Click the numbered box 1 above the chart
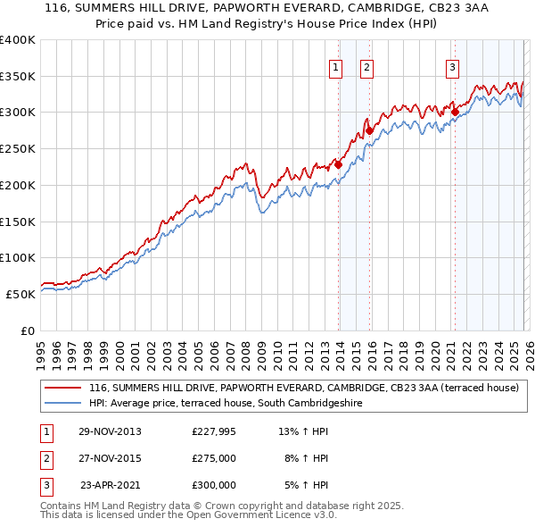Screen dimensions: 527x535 (x=335, y=66)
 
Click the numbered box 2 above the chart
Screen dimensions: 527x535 (x=366, y=66)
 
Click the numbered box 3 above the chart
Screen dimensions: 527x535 (x=452, y=66)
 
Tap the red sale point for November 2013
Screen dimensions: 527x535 (x=339, y=165)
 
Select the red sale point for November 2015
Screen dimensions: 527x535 (x=370, y=130)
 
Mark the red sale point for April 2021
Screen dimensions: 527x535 (x=455, y=113)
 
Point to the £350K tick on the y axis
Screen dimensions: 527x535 (x=18, y=77)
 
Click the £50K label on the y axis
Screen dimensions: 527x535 (x=21, y=294)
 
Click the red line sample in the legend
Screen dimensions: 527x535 (x=62, y=389)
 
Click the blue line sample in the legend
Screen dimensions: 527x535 (x=62, y=404)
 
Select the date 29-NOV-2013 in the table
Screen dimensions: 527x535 (x=110, y=431)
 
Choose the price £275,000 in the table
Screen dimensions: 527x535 (x=214, y=458)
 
